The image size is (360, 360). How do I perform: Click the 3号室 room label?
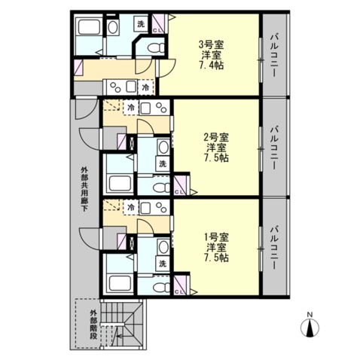click(211, 45)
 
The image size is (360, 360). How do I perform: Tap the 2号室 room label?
click(216, 137)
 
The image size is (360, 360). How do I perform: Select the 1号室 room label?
click(216, 236)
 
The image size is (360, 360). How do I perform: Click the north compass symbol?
click(310, 325)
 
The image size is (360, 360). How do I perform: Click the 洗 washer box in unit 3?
click(141, 24)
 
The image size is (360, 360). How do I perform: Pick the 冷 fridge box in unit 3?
click(145, 87)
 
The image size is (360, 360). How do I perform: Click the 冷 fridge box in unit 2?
click(131, 108)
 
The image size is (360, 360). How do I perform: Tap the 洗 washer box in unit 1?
click(163, 264)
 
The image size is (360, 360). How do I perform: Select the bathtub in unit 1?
click(120, 283)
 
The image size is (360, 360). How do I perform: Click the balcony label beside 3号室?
click(273, 56)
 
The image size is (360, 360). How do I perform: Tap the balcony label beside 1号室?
click(273, 248)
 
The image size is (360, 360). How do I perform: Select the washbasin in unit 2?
click(163, 147)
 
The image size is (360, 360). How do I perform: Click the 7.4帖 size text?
click(211, 66)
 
